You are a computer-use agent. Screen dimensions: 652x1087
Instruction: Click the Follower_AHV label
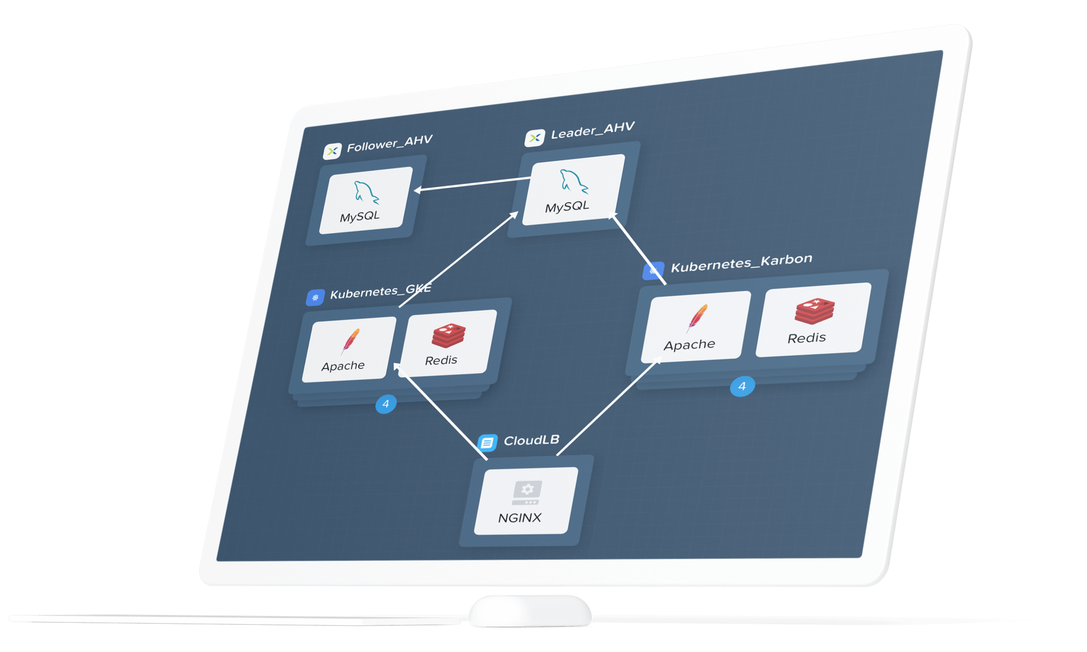(x=389, y=144)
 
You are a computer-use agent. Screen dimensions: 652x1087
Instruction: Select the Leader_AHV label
(x=592, y=130)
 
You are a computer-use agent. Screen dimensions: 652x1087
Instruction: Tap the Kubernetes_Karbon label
(x=741, y=264)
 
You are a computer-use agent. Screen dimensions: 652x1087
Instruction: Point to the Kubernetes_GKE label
(x=380, y=292)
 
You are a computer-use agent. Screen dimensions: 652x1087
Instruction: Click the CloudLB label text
(x=531, y=440)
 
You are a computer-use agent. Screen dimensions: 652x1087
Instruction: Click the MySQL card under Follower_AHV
(x=365, y=200)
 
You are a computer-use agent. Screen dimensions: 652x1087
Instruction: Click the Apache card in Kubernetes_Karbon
(x=695, y=326)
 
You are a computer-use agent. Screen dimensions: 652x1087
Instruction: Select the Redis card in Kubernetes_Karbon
(x=813, y=319)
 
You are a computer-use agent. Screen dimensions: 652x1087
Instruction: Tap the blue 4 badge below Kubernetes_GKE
(x=386, y=404)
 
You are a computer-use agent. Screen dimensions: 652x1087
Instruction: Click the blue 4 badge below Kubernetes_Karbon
(x=742, y=386)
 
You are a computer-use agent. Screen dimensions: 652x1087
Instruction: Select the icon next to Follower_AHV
(x=332, y=151)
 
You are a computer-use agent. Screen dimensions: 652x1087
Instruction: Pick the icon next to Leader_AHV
(x=535, y=137)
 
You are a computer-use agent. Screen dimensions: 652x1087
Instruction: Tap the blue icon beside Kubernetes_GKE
(x=316, y=297)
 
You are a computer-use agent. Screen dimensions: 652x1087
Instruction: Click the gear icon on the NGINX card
(x=527, y=490)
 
